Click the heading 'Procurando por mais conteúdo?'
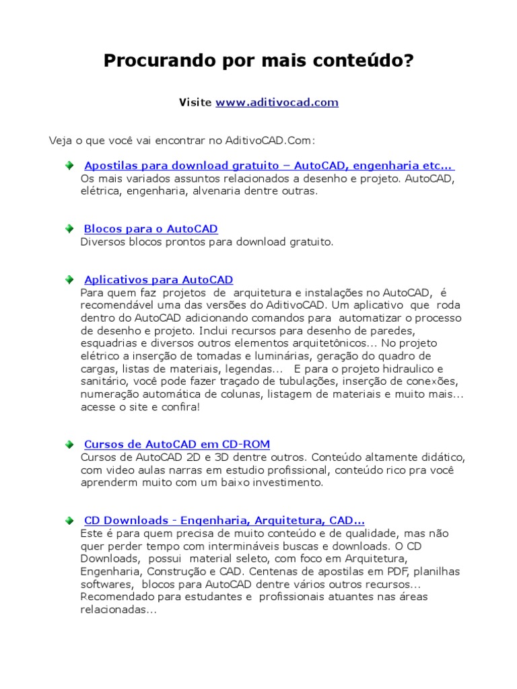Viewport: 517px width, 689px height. (258, 62)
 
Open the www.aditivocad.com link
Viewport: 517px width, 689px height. (277, 103)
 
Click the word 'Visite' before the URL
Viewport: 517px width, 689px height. (195, 103)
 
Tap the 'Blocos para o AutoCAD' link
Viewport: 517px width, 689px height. (151, 229)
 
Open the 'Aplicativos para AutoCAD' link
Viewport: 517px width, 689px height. (158, 279)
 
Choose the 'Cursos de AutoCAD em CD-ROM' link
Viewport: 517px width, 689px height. (176, 444)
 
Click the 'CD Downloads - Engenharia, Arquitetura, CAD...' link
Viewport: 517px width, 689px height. (224, 520)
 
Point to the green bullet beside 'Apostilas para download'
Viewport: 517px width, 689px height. (70, 166)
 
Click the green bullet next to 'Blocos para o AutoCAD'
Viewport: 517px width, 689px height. (70, 229)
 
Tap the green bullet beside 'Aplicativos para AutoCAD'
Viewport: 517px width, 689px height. (70, 279)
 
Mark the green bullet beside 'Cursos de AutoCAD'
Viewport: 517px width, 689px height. (70, 444)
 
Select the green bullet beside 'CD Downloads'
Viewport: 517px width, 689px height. (70, 520)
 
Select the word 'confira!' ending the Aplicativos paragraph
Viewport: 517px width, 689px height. (181, 407)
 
